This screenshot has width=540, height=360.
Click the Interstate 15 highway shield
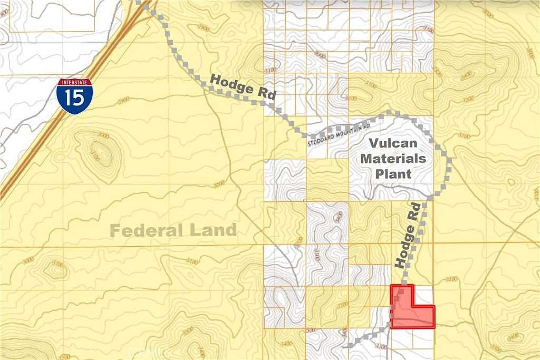click(75, 96)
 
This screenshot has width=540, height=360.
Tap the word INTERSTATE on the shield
click(75, 83)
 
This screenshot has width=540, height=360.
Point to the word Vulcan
click(393, 143)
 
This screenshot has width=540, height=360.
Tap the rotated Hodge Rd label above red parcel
click(410, 235)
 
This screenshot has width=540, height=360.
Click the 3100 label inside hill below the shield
click(95, 155)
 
